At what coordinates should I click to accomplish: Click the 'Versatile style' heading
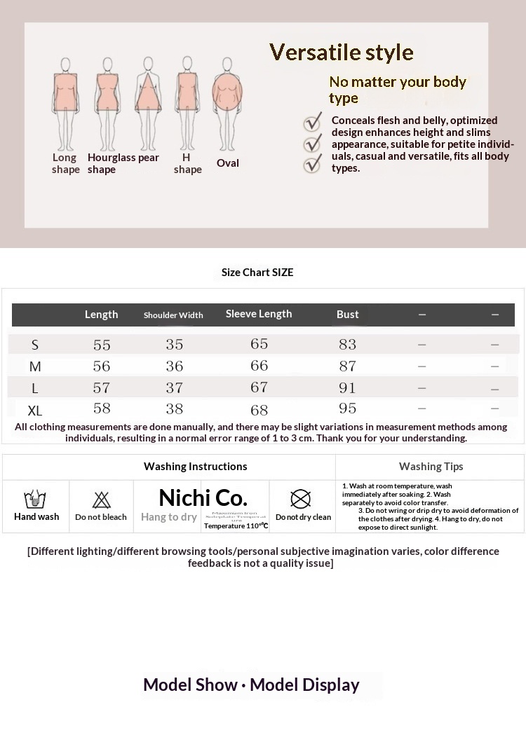coord(342,53)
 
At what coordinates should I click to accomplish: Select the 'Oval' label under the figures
coord(228,163)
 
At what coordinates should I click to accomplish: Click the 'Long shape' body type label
coord(65,163)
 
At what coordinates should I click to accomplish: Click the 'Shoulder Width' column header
coord(173,315)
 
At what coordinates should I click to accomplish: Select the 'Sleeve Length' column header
coord(259,314)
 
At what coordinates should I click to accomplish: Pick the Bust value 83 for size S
coord(347,344)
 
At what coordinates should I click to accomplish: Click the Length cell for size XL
coord(102,408)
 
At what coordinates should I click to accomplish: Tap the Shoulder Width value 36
coord(175,366)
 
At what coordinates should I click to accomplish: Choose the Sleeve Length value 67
coord(259,387)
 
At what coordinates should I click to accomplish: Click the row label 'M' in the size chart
coord(35,366)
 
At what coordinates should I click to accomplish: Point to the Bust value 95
coord(347,408)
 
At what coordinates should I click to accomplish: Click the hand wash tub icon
coord(35,500)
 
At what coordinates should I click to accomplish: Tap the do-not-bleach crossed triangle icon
coord(102,500)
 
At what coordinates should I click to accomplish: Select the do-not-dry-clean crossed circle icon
coord(301,499)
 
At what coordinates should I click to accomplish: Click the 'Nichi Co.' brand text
coord(203,497)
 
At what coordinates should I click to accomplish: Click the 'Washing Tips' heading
coord(431,467)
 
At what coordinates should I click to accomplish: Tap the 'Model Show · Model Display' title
coord(251,685)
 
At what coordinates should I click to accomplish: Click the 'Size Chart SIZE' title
coord(257,272)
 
